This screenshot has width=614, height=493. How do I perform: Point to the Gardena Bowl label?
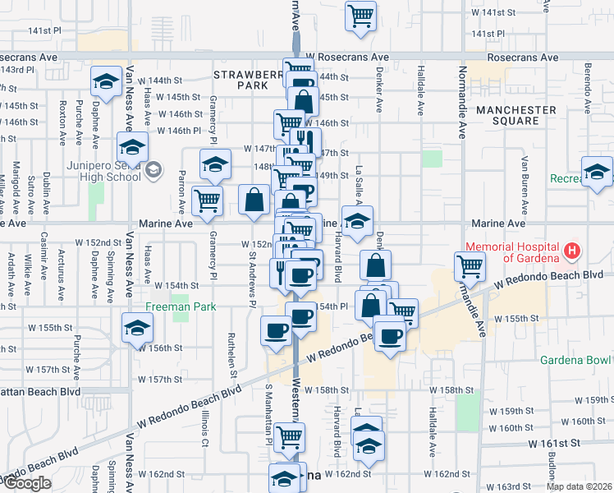(575, 360)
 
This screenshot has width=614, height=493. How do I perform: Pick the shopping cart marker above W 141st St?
(360, 16)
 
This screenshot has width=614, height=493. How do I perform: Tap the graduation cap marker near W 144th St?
(104, 81)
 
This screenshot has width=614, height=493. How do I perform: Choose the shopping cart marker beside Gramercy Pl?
(207, 200)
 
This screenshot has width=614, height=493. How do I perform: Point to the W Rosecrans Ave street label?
(346, 58)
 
